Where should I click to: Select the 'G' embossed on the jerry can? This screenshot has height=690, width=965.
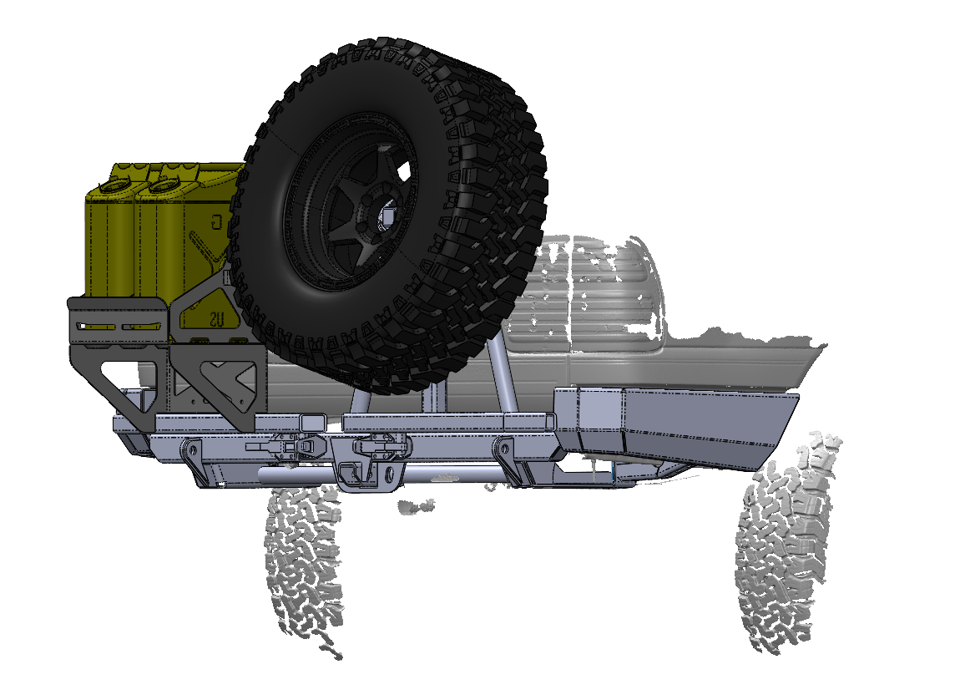tap(216, 222)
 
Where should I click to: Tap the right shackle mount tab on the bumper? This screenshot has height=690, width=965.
tap(503, 455)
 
